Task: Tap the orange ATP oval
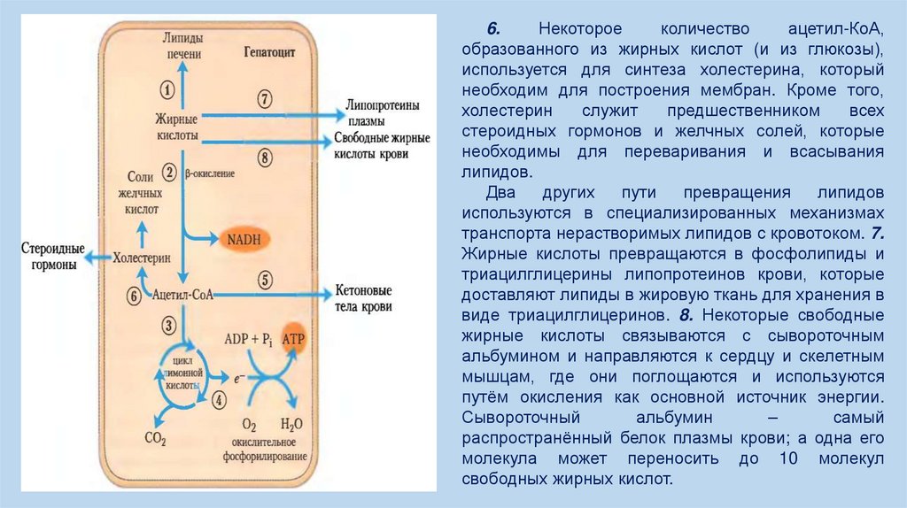(293, 340)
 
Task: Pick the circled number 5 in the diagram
(263, 277)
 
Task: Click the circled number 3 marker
(168, 326)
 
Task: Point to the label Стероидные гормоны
(53, 257)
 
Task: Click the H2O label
(291, 424)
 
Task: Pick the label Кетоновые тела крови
(361, 298)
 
